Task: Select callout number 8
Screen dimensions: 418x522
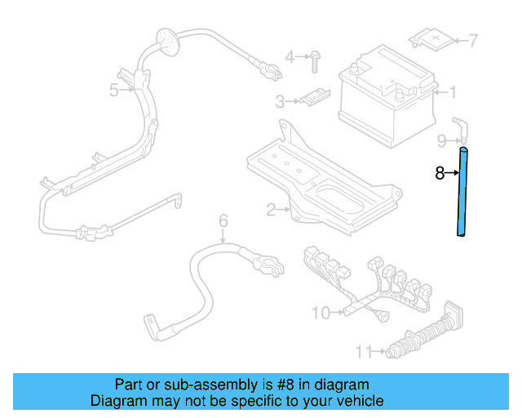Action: coord(440,173)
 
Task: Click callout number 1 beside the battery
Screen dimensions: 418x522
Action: coord(453,92)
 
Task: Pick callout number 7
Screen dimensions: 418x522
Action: coord(472,39)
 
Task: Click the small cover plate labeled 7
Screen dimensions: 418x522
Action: coord(431,36)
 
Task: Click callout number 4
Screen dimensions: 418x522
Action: coord(290,56)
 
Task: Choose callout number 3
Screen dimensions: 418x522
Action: coord(280,102)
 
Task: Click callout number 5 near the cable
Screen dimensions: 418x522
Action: coord(114,90)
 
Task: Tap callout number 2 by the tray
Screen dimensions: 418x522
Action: coord(271,210)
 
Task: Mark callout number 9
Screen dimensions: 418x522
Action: coord(440,140)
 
